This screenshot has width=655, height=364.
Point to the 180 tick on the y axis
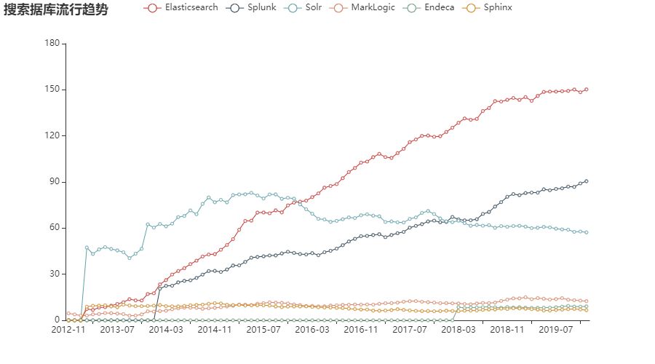pyautogui.click(x=52, y=44)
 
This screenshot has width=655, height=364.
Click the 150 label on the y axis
pyautogui.click(x=52, y=90)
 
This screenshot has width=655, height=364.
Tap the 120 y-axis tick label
pyautogui.click(x=52, y=135)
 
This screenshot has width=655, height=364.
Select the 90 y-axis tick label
pyautogui.click(x=54, y=181)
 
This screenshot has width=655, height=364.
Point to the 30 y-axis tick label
pyautogui.click(x=54, y=274)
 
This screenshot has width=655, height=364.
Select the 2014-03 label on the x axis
pyautogui.click(x=166, y=330)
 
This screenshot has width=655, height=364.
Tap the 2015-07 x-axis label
pyautogui.click(x=263, y=330)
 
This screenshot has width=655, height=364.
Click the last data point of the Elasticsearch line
pyautogui.click(x=587, y=90)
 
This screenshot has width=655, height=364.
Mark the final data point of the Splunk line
pyautogui.click(x=587, y=181)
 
